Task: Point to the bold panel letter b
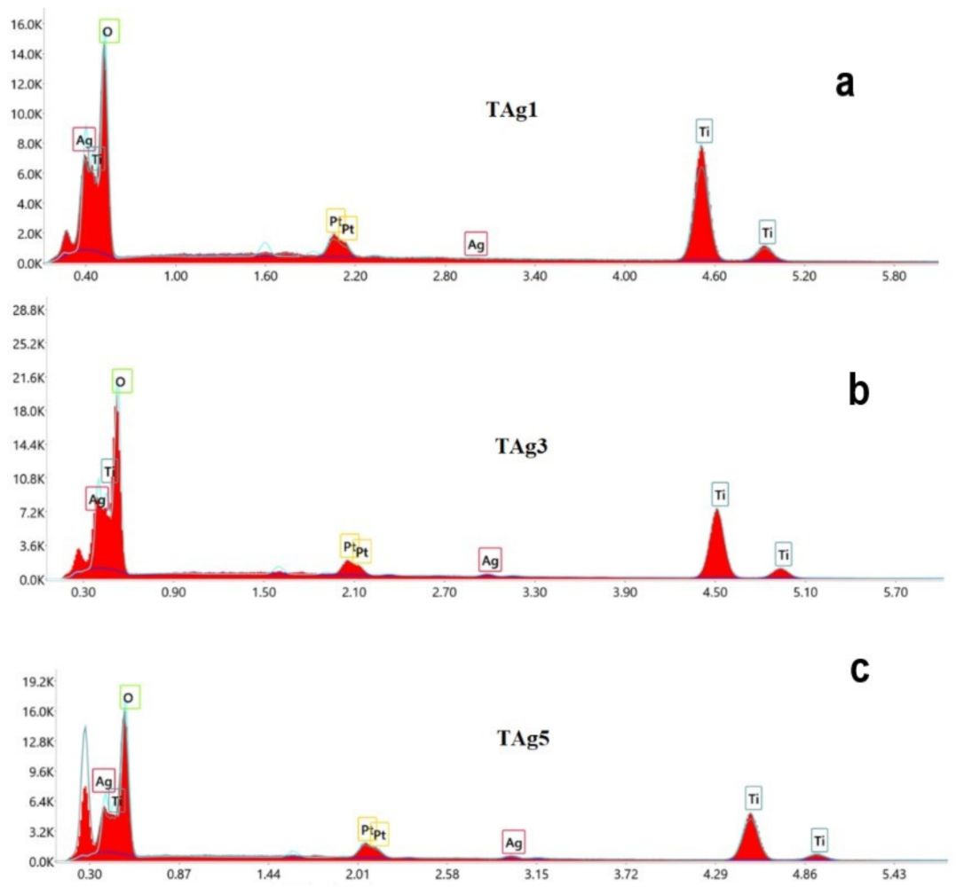tap(857, 391)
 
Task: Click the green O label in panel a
tap(107, 32)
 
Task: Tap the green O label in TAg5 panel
tap(129, 699)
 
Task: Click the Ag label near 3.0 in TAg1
tap(476, 245)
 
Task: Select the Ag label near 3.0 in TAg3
tap(490, 560)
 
